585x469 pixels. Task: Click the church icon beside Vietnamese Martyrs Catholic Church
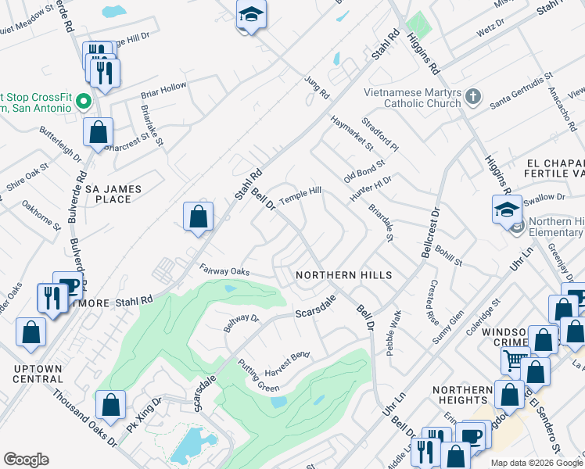pyautogui.click(x=472, y=98)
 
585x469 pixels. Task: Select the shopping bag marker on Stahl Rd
pyautogui.click(x=199, y=216)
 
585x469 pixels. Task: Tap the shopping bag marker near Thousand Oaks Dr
pyautogui.click(x=111, y=404)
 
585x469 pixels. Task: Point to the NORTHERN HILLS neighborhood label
pyautogui.click(x=343, y=275)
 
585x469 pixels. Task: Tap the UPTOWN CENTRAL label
pyautogui.click(x=37, y=373)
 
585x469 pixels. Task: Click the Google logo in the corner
pyautogui.click(x=26, y=459)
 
